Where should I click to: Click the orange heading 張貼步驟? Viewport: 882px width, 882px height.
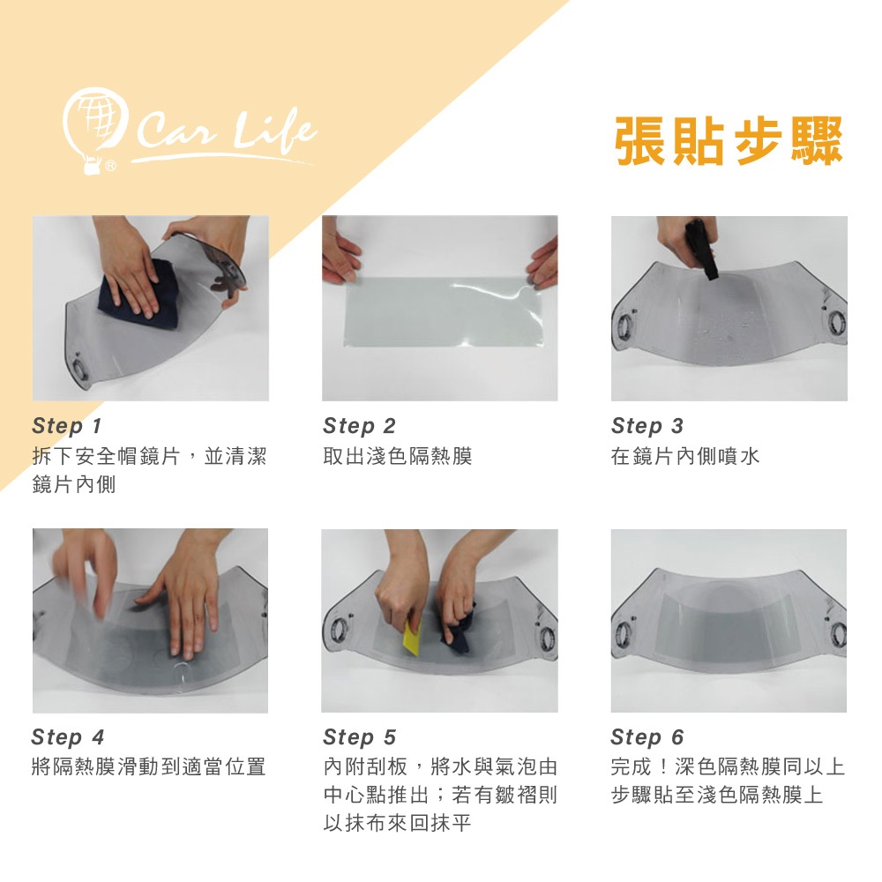click(729, 140)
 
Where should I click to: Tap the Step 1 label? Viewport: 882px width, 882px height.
click(67, 426)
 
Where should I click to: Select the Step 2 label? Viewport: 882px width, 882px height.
click(359, 426)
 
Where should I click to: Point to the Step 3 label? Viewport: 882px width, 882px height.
click(647, 426)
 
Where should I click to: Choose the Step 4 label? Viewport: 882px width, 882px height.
click(68, 736)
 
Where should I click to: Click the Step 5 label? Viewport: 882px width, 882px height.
click(360, 736)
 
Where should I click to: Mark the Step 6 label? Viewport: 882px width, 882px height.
click(647, 736)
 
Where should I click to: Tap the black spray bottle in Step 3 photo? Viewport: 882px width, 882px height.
click(703, 249)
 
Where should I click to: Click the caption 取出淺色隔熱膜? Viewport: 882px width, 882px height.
click(397, 456)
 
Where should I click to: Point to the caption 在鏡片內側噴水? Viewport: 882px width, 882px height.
click(685, 456)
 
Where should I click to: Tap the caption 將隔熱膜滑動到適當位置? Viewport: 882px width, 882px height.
click(148, 766)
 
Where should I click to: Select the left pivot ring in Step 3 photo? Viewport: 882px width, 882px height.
click(624, 325)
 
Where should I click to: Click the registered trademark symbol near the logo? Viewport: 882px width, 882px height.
click(111, 166)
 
